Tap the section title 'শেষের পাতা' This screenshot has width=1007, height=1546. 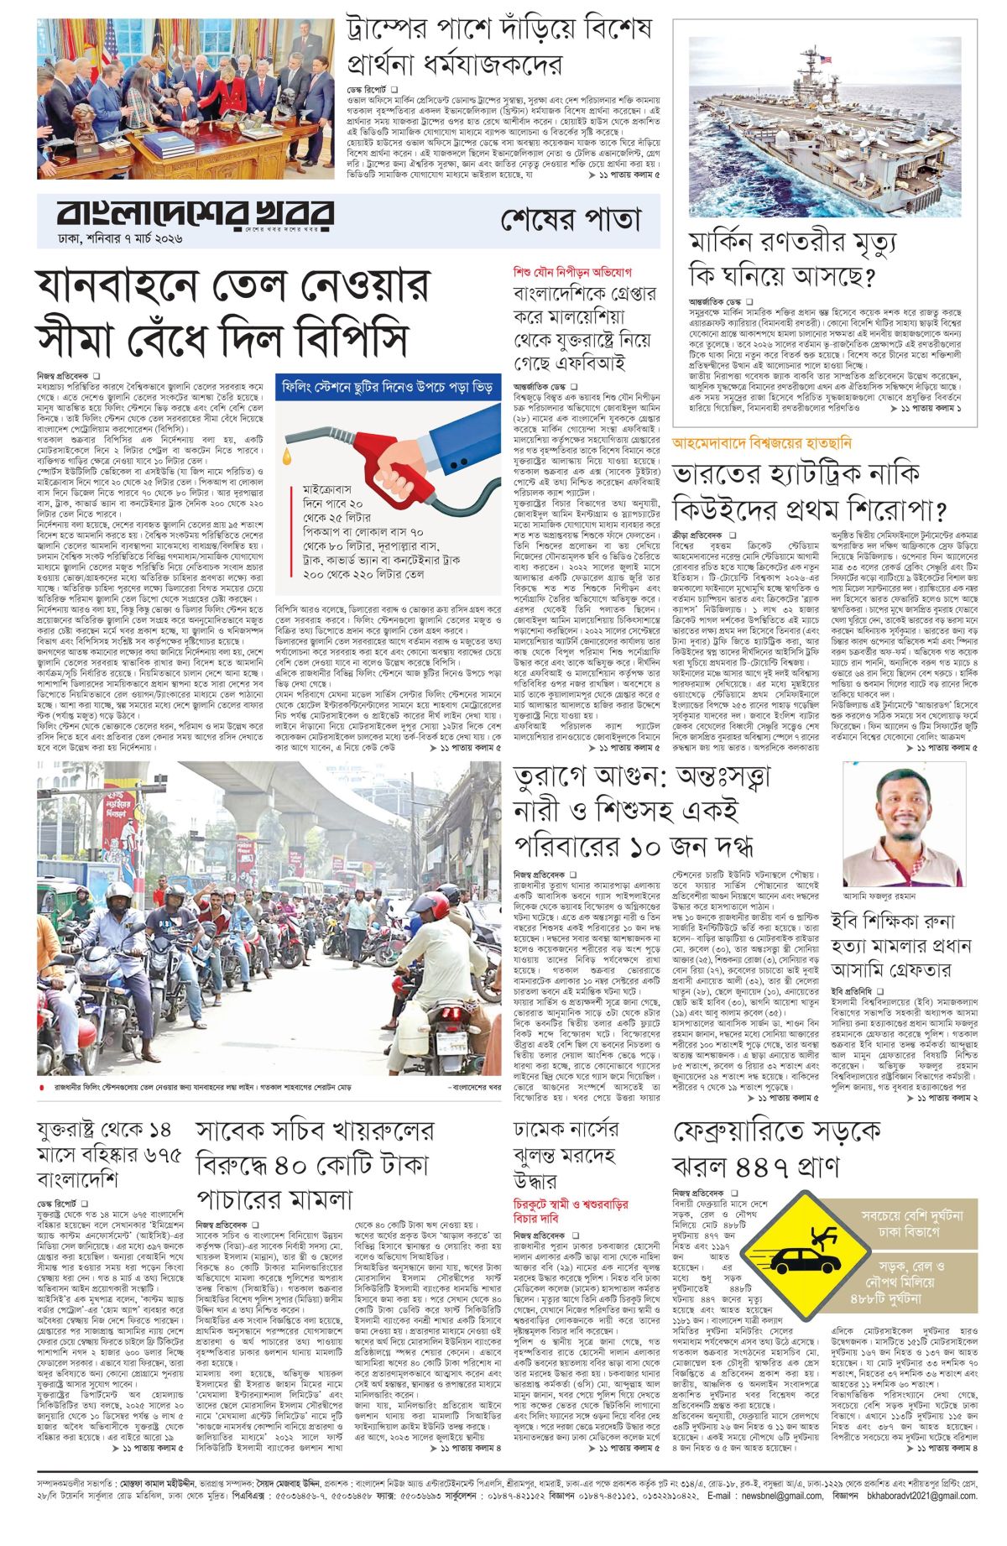571,219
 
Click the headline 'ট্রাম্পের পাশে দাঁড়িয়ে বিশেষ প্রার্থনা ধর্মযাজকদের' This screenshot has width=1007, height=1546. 500,47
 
